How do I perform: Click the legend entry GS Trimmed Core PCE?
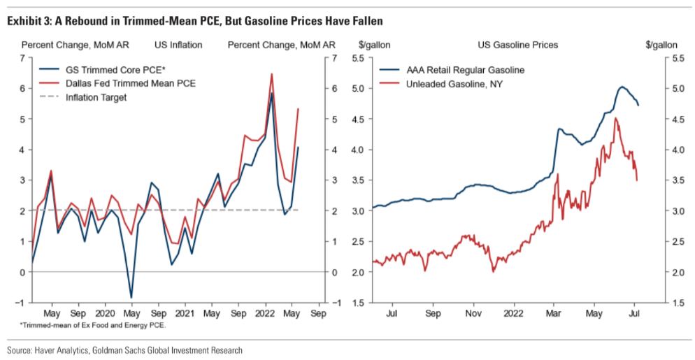coord(104,71)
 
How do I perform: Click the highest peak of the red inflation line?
coord(271,73)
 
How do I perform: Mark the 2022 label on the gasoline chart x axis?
coord(514,315)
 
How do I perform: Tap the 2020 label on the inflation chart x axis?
coord(105,315)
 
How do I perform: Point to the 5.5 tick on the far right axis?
coord(661,58)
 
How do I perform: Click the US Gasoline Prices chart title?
coord(517,45)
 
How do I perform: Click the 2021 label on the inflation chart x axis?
coord(185,315)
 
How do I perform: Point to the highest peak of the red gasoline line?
coord(615,118)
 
